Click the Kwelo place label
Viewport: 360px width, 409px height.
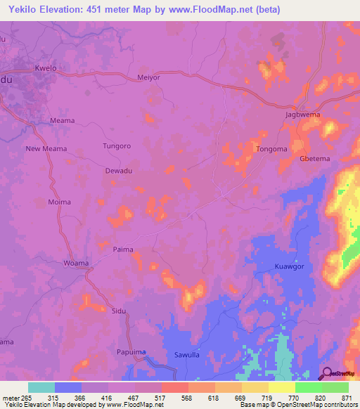coord(45,69)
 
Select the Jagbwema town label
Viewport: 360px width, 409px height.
coord(303,114)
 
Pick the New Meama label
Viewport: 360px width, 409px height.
coord(46,148)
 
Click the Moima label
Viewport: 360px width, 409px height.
coord(59,202)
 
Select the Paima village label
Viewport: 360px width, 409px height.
coord(123,249)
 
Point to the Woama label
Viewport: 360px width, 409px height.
coord(76,263)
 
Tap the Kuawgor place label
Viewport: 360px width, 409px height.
coord(288,267)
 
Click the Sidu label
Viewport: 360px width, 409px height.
coord(120,310)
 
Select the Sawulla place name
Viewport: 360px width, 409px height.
coord(188,355)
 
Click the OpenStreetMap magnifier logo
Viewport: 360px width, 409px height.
coord(326,373)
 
